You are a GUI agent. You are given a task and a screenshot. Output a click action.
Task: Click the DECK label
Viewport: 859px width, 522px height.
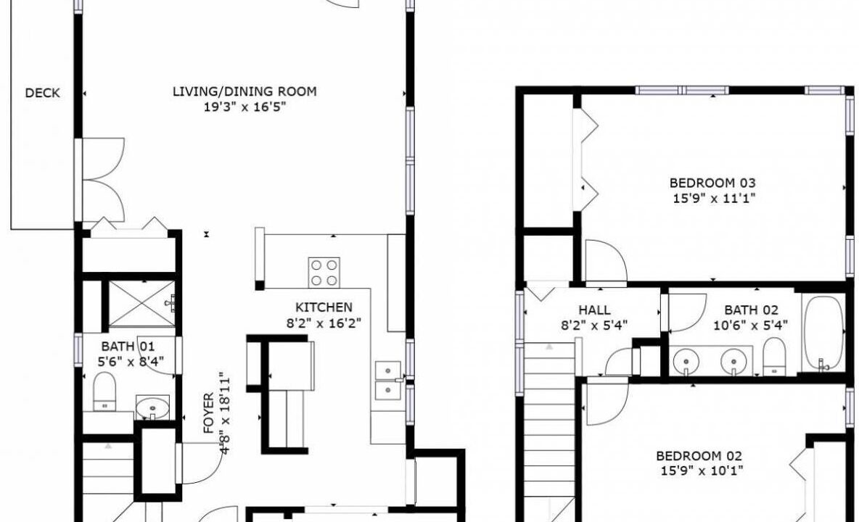(42, 93)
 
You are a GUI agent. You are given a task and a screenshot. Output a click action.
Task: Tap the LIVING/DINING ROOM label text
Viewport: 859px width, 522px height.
(245, 91)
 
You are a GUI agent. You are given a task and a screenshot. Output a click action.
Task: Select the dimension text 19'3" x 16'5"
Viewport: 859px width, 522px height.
(245, 107)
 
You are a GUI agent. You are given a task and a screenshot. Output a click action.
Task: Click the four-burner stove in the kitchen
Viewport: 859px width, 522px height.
(324, 273)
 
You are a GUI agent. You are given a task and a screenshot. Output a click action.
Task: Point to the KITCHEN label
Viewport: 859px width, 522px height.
(324, 307)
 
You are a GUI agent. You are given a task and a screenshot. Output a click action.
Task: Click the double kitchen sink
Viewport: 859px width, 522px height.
(388, 381)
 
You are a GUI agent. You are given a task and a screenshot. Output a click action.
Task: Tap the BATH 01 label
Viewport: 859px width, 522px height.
(128, 347)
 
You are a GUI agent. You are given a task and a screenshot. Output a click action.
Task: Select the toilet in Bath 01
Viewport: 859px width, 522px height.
(104, 391)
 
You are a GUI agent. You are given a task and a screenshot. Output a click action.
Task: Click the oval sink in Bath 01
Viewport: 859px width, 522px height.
(152, 407)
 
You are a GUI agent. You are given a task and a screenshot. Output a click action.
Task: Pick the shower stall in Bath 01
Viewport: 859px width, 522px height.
(141, 304)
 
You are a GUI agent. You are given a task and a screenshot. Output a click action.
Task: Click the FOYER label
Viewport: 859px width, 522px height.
(209, 413)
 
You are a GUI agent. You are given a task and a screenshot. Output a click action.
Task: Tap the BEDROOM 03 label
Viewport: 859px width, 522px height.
(712, 183)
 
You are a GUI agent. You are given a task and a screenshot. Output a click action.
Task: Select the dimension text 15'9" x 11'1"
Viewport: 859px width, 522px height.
(714, 198)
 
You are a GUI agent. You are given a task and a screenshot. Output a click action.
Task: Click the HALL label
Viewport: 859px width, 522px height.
(594, 310)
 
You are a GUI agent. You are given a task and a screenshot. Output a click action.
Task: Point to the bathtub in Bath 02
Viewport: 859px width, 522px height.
(823, 333)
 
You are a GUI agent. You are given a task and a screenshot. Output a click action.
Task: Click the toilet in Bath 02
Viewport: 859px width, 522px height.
(774, 356)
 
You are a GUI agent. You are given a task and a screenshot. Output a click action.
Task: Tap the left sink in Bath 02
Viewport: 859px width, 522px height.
(686, 360)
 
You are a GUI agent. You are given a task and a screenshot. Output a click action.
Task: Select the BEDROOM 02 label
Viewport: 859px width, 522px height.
(699, 456)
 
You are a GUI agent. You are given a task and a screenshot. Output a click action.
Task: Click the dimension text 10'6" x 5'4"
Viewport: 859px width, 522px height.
(750, 326)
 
